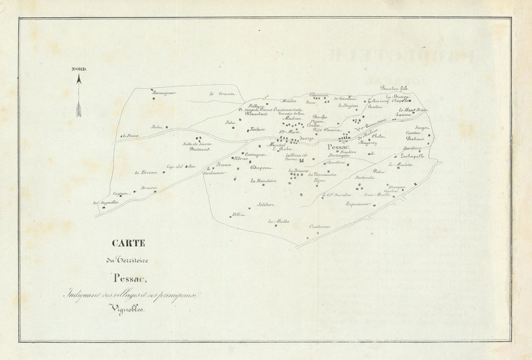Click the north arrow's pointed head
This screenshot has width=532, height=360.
[x=79, y=79]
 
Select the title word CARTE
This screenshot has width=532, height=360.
[x=128, y=244]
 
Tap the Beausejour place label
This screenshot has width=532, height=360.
[x=164, y=94]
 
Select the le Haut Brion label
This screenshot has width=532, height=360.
[x=413, y=110]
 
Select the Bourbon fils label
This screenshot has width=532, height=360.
[x=393, y=88]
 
